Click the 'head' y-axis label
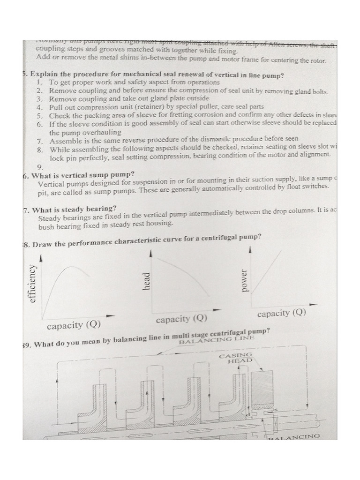coord(146,281)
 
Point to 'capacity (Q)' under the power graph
coord(281,313)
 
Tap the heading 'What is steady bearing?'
coord(74,209)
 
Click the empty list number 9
coord(39,167)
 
